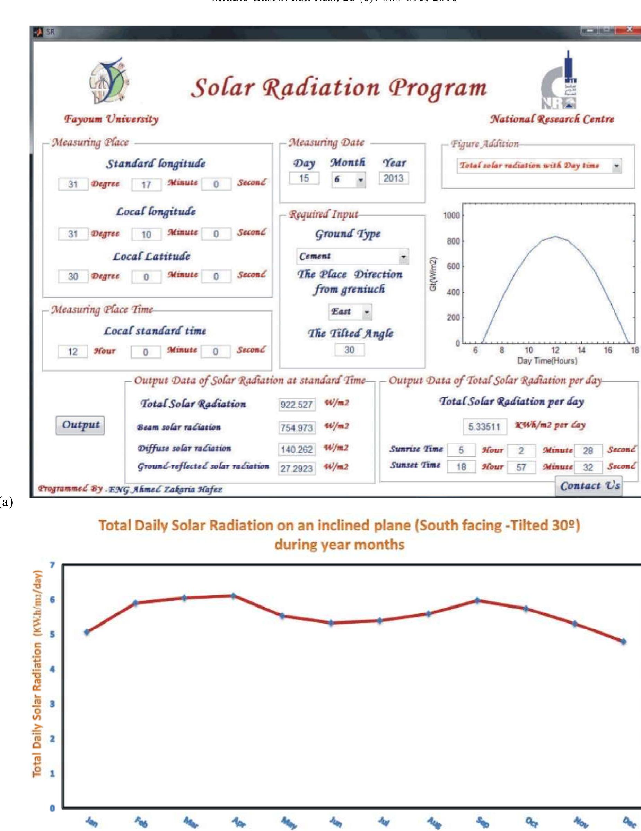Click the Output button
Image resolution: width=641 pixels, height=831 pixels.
point(80,425)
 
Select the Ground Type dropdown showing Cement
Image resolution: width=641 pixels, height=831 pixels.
point(352,256)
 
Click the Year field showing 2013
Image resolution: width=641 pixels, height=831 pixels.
point(393,178)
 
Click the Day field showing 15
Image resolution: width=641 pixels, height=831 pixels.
point(304,178)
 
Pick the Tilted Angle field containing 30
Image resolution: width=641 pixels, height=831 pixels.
point(349,350)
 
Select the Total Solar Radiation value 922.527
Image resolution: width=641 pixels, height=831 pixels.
point(297,405)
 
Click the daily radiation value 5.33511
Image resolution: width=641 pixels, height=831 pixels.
point(484,426)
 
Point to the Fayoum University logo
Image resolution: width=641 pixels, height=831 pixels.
point(109,81)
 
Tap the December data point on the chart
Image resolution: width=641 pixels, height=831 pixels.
point(623,642)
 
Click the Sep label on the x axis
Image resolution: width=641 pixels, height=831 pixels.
point(482,822)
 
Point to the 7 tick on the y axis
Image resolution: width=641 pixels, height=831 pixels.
point(53,565)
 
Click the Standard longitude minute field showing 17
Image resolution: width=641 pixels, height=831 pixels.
point(146,185)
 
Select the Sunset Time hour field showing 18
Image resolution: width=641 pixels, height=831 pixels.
point(461,467)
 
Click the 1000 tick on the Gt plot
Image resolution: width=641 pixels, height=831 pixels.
point(451,215)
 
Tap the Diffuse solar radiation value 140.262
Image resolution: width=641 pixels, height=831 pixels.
point(297,450)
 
